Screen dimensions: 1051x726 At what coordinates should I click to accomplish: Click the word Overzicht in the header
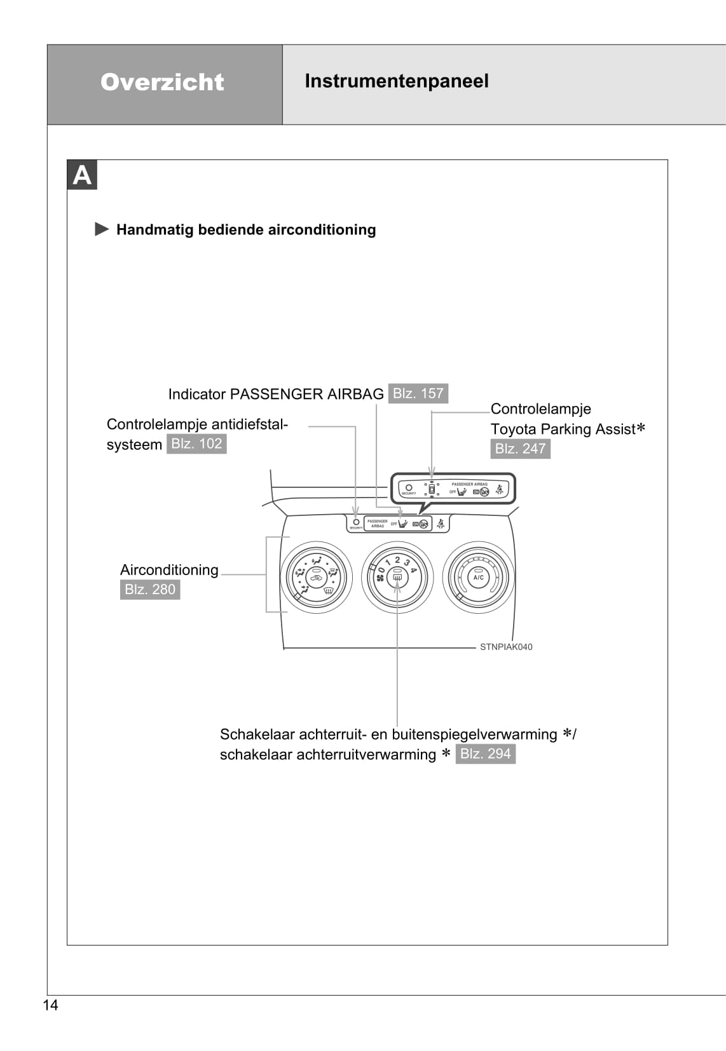[162, 82]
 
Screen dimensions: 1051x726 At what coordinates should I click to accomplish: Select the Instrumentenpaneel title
[397, 81]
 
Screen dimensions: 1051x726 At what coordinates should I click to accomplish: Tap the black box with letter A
[82, 175]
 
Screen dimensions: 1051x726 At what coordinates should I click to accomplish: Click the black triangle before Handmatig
[102, 229]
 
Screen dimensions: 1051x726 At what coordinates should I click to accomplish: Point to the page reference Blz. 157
[418, 393]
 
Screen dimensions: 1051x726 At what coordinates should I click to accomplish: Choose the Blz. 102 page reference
[196, 444]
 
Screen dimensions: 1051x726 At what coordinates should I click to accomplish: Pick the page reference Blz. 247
[520, 449]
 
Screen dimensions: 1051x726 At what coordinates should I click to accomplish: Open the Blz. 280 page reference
[149, 590]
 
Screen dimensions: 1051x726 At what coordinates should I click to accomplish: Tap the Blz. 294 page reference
[485, 754]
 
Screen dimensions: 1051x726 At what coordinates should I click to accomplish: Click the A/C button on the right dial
[478, 577]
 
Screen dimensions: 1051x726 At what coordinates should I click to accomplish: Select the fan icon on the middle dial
[381, 579]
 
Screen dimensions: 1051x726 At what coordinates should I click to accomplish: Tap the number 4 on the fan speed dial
[413, 570]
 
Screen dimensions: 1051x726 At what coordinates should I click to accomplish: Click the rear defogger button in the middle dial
[397, 576]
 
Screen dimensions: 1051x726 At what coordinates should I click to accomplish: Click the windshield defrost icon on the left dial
[328, 591]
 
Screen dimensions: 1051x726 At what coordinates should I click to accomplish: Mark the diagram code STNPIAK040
[506, 647]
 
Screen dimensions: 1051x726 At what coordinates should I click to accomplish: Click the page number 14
[50, 1005]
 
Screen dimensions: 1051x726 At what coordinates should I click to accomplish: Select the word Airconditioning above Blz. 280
[169, 570]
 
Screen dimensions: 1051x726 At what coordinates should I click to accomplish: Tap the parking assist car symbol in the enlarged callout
[432, 489]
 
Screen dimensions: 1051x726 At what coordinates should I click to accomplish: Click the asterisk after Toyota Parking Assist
[641, 428]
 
